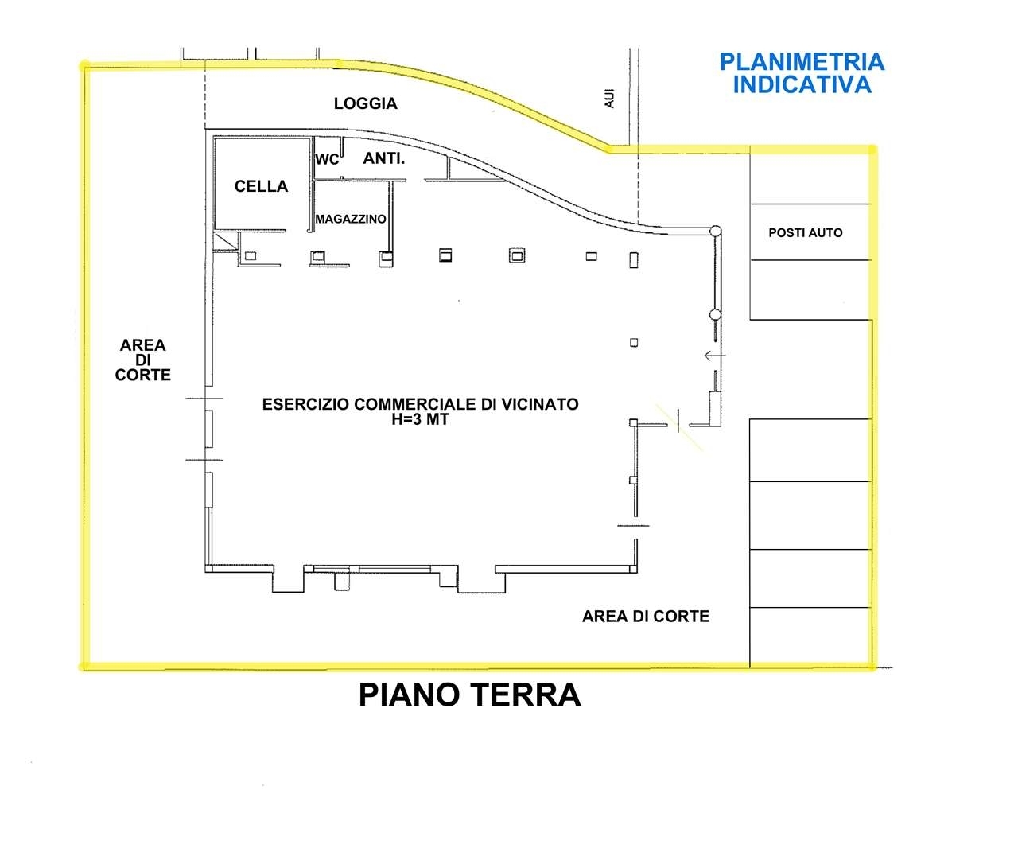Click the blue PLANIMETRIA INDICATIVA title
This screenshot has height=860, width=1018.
pyautogui.click(x=802, y=73)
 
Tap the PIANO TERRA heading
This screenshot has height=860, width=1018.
pyautogui.click(x=469, y=695)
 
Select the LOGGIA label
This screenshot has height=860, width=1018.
pyautogui.click(x=366, y=103)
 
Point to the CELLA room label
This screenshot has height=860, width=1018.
pyautogui.click(x=262, y=186)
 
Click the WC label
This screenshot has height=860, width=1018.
pyautogui.click(x=327, y=160)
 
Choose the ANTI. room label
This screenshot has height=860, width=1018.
pyautogui.click(x=383, y=158)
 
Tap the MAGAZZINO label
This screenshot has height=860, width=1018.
pyautogui.click(x=351, y=219)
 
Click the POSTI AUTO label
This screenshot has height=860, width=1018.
pyautogui.click(x=806, y=232)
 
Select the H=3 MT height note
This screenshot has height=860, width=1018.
pyautogui.click(x=420, y=419)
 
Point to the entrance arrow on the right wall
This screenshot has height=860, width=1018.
pyautogui.click(x=715, y=356)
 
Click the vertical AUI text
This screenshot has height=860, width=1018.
pyautogui.click(x=609, y=98)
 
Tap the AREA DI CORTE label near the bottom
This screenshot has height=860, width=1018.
pyautogui.click(x=646, y=616)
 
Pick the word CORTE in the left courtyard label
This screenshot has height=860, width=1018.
pyautogui.click(x=143, y=375)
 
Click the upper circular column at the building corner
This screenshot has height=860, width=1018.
pyautogui.click(x=715, y=231)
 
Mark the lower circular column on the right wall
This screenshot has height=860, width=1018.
pyautogui.click(x=715, y=314)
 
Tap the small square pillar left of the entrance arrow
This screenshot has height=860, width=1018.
pyautogui.click(x=634, y=342)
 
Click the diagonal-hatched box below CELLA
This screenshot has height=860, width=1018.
pyautogui.click(x=225, y=241)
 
